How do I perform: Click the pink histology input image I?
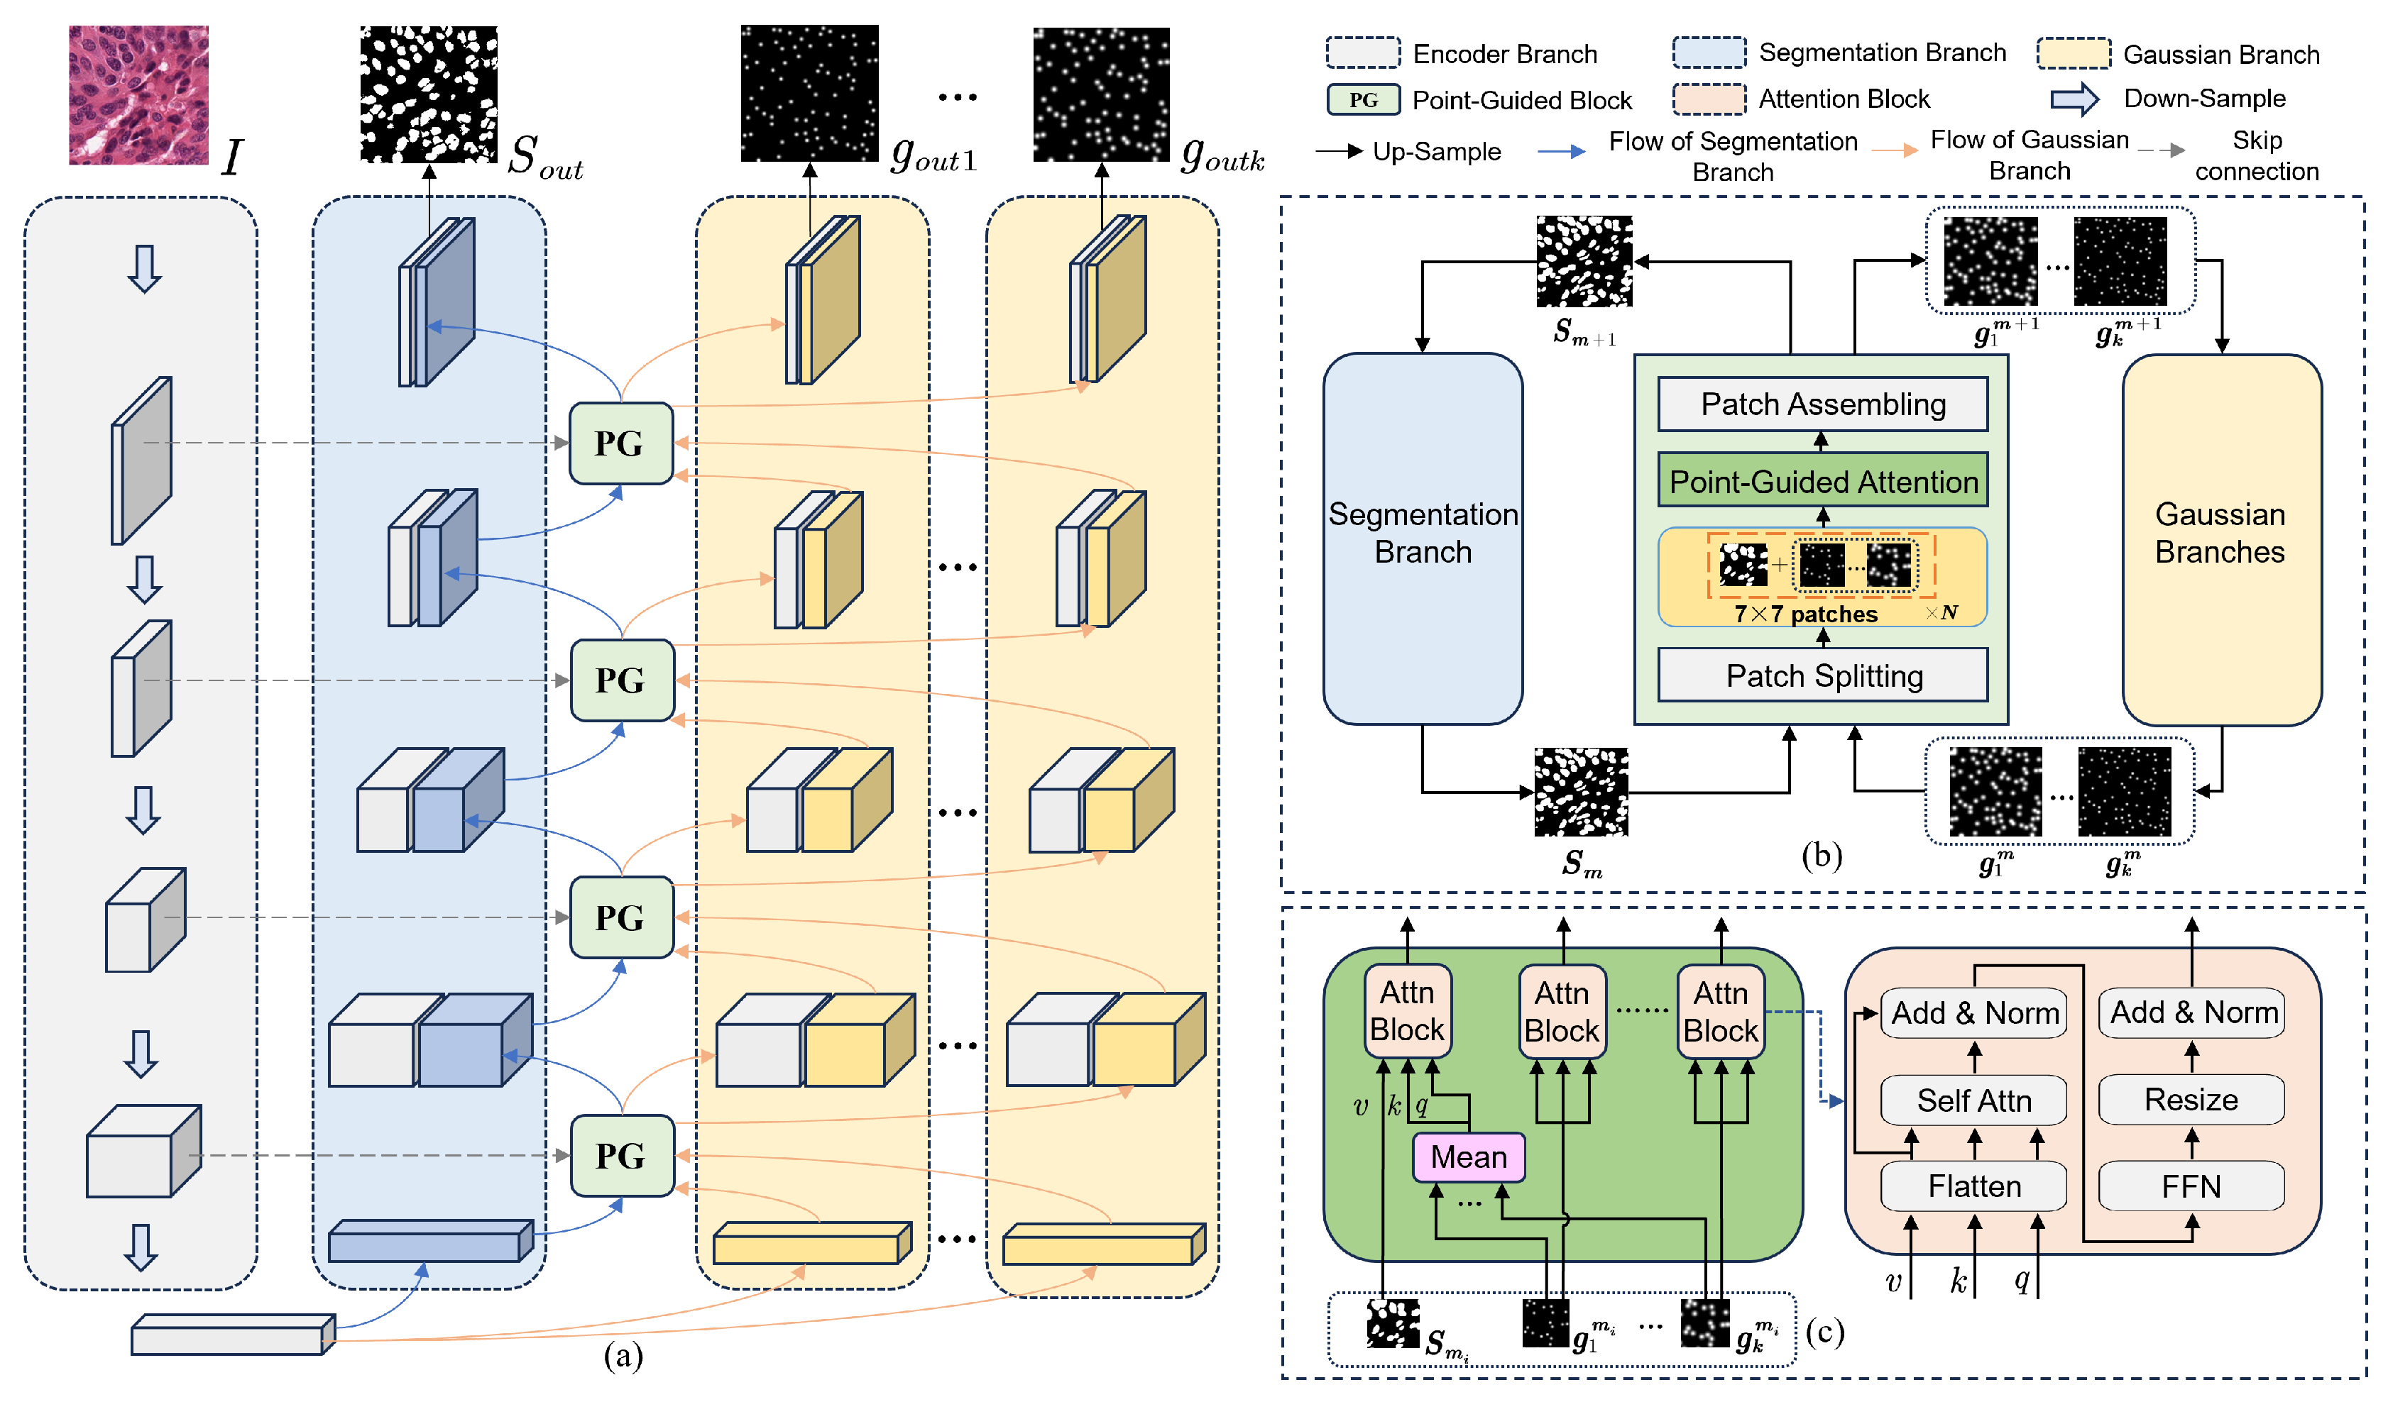click(138, 95)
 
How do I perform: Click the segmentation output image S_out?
click(428, 95)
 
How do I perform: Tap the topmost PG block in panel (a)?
click(620, 443)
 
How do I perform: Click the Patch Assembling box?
click(1822, 404)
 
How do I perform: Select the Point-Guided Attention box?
click(1822, 481)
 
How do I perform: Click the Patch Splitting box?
click(1822, 675)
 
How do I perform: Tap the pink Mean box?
click(1468, 1157)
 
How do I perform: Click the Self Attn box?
click(1974, 1100)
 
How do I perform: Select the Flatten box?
click(1974, 1186)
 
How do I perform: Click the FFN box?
click(2190, 1186)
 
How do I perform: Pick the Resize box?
click(2190, 1100)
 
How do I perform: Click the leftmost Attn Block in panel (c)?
click(1407, 1012)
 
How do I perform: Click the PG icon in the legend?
click(1363, 99)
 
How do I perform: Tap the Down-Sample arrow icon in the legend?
click(2074, 99)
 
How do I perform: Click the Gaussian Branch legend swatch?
click(2074, 53)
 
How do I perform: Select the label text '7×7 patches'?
click(1805, 614)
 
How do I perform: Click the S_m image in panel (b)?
click(1581, 792)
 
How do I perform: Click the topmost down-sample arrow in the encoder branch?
click(144, 269)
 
